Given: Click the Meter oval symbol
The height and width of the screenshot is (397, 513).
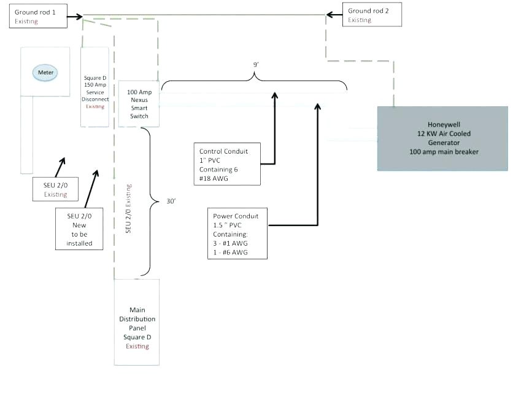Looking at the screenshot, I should tap(47, 73).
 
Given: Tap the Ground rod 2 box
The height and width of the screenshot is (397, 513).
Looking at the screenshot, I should tap(368, 15).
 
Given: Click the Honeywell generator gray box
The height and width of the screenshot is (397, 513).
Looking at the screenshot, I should tap(442, 138).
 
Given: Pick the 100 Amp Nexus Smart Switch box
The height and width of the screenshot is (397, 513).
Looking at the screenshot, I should tap(139, 104).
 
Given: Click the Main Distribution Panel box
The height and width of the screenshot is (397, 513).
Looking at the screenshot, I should tap(137, 323).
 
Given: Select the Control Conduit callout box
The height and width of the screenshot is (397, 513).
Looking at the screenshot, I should tap(229, 164).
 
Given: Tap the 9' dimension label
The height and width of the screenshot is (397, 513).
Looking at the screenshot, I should tap(255, 64).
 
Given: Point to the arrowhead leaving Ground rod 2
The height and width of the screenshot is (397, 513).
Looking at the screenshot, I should tap(329, 14).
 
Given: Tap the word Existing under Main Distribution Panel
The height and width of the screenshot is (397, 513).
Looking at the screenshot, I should tap(137, 347).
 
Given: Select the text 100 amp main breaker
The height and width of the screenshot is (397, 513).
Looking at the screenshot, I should tap(442, 152).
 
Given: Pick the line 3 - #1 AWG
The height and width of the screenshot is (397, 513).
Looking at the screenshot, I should tap(231, 243).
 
